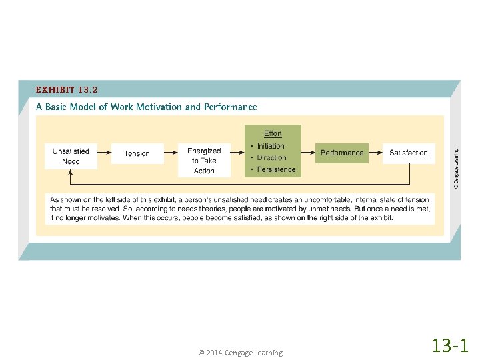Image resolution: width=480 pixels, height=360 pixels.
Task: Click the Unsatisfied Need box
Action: point(71,156)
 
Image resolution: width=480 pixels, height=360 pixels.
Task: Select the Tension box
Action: point(137,153)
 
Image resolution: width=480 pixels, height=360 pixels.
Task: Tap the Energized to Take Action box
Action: point(204,160)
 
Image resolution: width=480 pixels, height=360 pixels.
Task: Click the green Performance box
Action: point(342,153)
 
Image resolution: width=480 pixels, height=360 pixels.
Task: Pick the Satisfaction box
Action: point(408,153)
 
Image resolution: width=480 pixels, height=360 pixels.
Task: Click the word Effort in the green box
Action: point(273,134)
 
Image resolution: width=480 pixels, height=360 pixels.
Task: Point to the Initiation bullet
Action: point(270,146)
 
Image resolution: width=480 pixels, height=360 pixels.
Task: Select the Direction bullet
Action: point(271,158)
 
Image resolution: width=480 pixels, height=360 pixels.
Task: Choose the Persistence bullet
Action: point(275,169)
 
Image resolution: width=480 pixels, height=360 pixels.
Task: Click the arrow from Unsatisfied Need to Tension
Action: point(104,153)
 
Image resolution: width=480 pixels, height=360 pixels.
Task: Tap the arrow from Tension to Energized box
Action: point(171,153)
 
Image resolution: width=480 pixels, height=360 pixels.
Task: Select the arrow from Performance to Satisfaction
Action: point(375,153)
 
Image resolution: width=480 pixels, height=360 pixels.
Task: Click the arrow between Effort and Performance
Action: point(308,153)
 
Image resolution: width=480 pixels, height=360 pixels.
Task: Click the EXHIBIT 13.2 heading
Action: point(67,89)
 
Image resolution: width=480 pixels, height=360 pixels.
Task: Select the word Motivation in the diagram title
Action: point(159,107)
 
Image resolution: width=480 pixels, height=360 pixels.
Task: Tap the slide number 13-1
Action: point(450,345)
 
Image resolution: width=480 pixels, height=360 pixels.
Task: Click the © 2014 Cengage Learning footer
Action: point(240,353)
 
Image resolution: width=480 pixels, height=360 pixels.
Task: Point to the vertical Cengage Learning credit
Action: point(455,167)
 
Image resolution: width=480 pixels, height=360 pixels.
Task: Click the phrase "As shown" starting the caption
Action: point(65,199)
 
